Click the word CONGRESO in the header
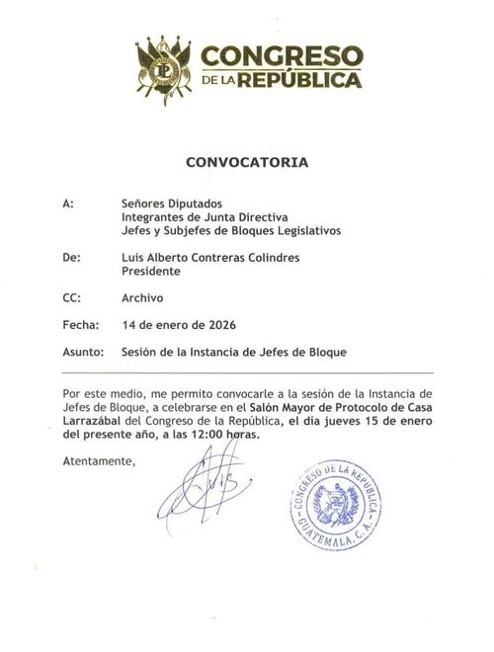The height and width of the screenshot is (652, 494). tap(282, 55)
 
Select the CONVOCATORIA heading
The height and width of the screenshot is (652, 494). tap(247, 160)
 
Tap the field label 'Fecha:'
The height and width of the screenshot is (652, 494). tap(79, 323)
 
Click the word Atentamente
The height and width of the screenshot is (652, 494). tap(99, 461)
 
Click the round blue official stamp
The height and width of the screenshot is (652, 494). tap(336, 507)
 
